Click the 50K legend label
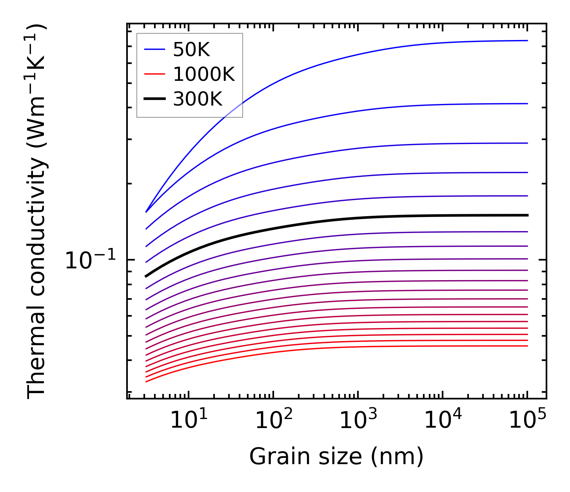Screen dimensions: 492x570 pos(192,49)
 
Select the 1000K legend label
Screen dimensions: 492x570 pos(204,74)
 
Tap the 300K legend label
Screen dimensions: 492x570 pos(198,99)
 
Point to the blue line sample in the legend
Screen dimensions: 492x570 pos(155,49)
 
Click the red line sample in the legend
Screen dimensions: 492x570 pos(155,74)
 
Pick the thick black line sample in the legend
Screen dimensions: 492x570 pos(155,99)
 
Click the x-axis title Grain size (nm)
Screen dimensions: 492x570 pos(336,457)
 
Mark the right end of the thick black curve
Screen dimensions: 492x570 pos(528,215)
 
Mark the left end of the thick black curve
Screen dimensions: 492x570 pos(146,277)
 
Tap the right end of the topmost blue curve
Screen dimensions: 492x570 pos(528,40)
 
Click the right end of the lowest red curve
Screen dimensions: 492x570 pos(528,346)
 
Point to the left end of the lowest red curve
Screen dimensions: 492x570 pos(146,381)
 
